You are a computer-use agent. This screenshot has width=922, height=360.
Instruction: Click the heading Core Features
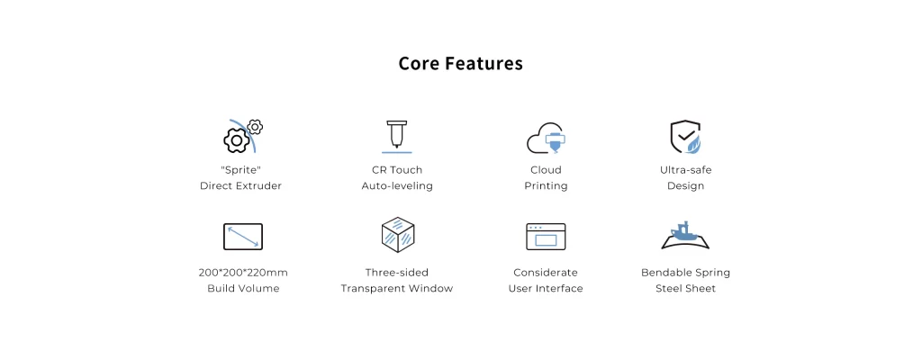460,64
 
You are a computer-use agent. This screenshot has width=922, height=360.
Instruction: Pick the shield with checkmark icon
685,137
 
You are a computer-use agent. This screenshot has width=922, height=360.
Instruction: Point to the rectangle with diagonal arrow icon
243,237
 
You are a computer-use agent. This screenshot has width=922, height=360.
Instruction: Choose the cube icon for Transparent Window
398,235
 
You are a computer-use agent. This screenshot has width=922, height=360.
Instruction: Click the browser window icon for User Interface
546,237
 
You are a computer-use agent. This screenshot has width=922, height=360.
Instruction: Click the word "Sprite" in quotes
240,170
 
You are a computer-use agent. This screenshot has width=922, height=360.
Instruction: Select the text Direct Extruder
240,186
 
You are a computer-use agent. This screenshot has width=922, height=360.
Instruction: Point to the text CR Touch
397,170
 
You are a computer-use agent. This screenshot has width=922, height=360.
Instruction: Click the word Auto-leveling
397,186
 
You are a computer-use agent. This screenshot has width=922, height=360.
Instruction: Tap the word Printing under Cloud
546,186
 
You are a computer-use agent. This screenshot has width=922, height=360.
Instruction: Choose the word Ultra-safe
685,170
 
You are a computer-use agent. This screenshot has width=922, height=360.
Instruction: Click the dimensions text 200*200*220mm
243,273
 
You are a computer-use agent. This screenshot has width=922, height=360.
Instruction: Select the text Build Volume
243,288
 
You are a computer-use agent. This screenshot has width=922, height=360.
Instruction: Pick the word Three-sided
397,273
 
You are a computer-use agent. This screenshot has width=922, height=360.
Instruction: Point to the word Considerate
546,273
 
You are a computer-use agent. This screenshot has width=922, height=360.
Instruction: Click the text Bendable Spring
685,273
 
